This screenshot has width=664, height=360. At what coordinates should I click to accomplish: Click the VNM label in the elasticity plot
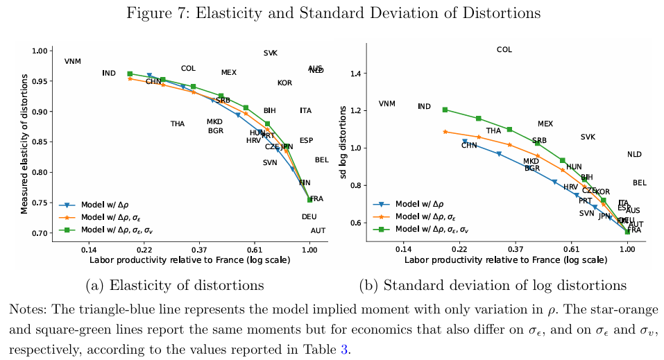pos(73,62)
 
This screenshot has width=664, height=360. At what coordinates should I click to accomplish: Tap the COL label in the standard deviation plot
pos(504,50)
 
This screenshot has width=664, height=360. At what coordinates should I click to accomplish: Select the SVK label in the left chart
pos(271,53)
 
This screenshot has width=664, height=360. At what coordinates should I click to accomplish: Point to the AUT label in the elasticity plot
pos(318,231)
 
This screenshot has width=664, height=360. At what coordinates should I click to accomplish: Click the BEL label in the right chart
pos(640,183)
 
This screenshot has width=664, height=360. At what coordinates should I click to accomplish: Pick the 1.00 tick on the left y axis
pos(40,51)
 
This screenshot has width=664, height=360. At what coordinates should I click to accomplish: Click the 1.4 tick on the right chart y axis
pos(359,74)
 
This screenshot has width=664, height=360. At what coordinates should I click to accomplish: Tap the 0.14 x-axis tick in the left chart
pos(88,250)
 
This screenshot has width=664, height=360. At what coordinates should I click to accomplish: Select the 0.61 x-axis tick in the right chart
pos(571,250)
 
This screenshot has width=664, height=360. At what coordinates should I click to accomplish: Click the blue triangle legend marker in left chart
pos(67,205)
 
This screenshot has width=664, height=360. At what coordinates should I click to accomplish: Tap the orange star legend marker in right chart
pos(380,217)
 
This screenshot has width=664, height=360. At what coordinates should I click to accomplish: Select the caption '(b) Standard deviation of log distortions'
pos(493,285)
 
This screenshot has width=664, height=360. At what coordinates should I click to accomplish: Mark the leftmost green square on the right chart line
pos(445,110)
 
